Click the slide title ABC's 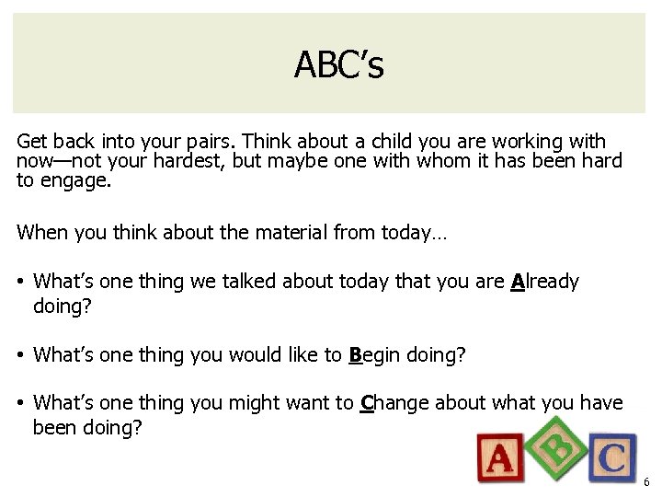338,64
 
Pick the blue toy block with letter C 611,457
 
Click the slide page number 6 646,482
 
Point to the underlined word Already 544,282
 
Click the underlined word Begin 376,354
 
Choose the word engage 75,181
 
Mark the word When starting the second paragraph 40,234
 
